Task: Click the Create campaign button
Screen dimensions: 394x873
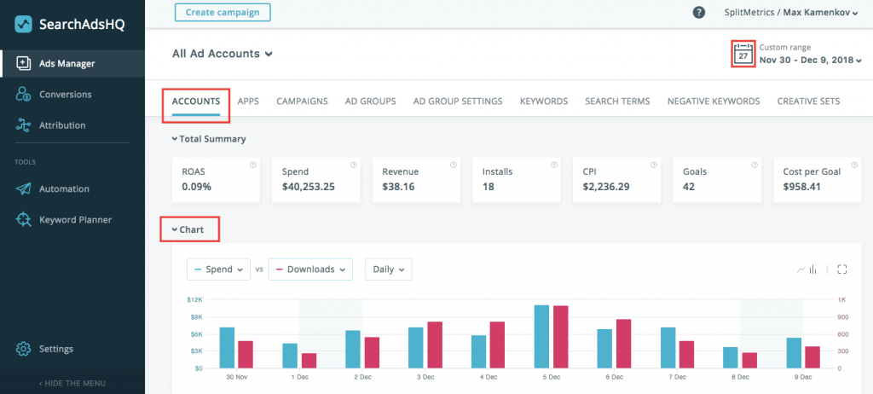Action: (223, 12)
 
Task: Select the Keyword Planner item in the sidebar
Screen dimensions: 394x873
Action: (75, 219)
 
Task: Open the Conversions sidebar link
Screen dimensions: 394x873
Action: (65, 94)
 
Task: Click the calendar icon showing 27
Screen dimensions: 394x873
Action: (743, 54)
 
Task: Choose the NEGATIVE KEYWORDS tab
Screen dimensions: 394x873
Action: (713, 101)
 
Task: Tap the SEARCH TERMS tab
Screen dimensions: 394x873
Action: (617, 101)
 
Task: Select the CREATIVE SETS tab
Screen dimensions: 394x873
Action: (808, 101)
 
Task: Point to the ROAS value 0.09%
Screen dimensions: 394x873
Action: (197, 186)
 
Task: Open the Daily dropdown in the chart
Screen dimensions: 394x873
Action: (388, 269)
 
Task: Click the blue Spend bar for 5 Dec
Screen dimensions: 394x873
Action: (541, 336)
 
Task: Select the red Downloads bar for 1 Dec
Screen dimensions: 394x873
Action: (309, 360)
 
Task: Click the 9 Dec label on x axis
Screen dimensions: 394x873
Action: (802, 376)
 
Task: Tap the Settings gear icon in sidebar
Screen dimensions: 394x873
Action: (24, 348)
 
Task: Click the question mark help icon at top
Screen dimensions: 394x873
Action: (699, 12)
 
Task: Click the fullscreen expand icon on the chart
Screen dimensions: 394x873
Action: (841, 269)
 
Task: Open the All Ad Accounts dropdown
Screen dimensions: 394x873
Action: (222, 53)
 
